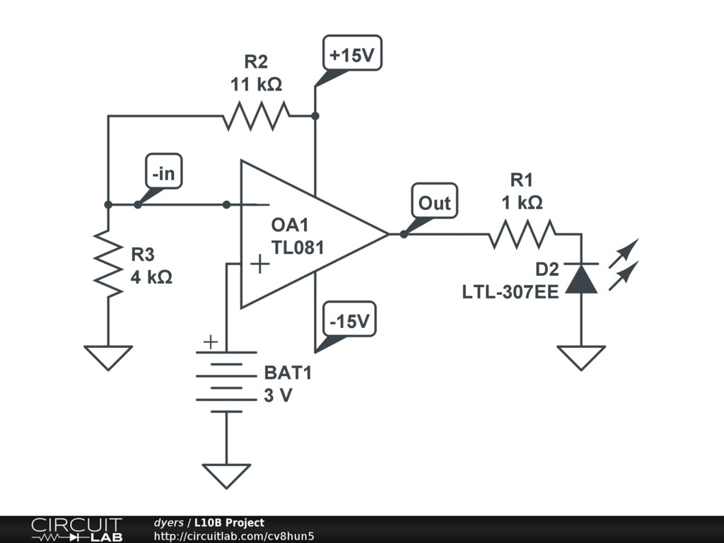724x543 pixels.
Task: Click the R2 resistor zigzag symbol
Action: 256,116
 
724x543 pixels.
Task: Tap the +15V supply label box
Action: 352,53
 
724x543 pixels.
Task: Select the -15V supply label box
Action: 350,320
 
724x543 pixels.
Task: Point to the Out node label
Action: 435,201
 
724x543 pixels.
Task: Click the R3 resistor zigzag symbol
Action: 108,263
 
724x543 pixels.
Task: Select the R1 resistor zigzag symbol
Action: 522,234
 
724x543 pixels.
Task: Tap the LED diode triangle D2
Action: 581,279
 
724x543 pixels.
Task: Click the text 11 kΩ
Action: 256,84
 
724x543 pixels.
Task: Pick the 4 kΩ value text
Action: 151,277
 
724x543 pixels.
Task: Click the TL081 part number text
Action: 298,247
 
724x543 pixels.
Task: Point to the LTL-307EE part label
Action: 510,292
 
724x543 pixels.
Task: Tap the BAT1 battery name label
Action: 288,373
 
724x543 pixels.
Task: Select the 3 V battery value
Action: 278,395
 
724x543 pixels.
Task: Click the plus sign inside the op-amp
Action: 260,264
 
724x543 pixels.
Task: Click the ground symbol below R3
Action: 108,358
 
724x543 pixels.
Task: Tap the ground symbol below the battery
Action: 227,476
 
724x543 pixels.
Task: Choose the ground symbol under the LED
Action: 581,358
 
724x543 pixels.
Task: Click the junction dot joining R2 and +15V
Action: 315,116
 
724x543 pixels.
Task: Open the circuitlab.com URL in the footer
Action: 234,536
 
